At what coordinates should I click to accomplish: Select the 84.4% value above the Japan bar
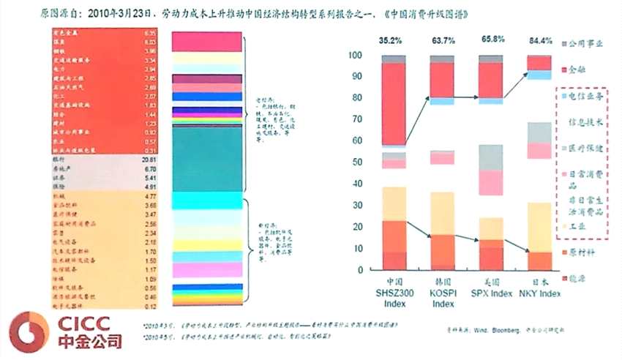540,40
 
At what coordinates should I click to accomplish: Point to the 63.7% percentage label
441,40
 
